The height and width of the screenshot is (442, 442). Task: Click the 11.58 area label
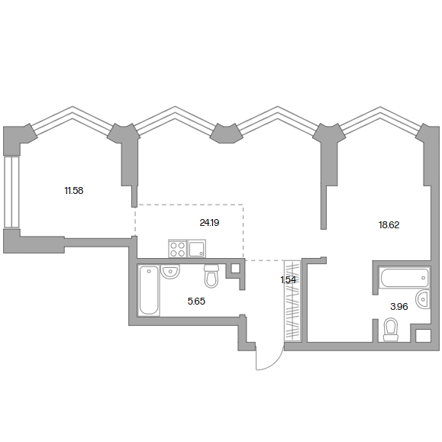tap(74, 191)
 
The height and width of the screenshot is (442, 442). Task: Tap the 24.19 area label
tap(209, 223)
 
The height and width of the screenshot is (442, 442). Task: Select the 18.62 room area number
tap(389, 225)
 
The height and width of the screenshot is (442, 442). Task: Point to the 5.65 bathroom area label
tap(196, 302)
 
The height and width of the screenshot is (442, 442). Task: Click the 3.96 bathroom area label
tap(399, 306)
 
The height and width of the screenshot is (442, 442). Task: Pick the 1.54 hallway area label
tap(288, 280)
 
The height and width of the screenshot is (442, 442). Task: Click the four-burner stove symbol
tap(178, 249)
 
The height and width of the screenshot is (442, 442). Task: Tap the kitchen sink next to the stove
tap(197, 249)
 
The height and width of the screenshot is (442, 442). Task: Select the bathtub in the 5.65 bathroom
tap(149, 290)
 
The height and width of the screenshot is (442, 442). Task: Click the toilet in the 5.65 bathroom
tap(211, 276)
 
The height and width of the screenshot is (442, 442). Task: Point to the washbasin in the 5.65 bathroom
tap(170, 272)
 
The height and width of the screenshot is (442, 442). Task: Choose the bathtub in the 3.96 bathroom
tap(405, 277)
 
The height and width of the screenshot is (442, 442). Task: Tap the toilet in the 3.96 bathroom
tap(391, 330)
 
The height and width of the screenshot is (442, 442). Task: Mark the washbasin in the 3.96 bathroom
tap(423, 298)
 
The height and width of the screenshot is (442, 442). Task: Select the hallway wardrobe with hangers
tap(292, 301)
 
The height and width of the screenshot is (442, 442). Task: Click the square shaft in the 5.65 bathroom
tap(235, 269)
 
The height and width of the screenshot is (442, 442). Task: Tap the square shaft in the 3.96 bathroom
tap(423, 336)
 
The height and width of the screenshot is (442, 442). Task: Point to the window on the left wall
tap(11, 192)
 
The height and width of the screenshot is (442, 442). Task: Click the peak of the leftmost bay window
tap(73, 107)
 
